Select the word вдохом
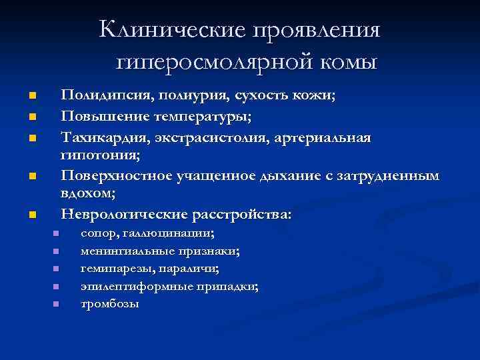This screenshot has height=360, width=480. click(87, 194)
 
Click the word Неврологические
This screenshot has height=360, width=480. click(125, 215)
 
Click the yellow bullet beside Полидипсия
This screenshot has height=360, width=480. click(32, 97)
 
